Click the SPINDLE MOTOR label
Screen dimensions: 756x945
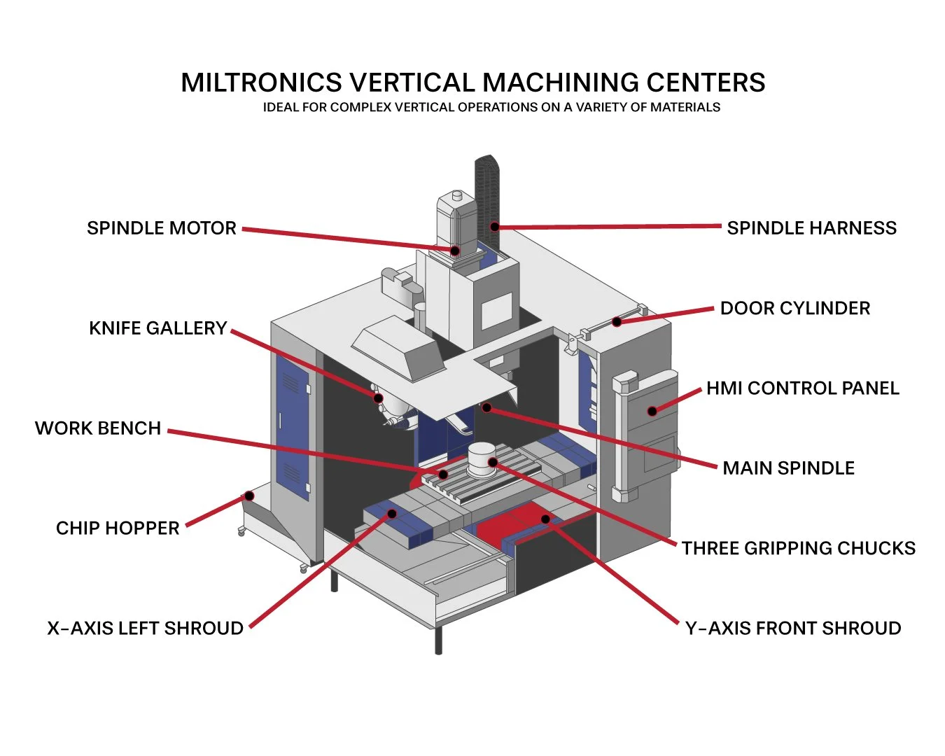tap(161, 228)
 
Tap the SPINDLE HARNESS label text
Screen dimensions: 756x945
tap(811, 228)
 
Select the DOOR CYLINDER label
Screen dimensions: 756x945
tap(794, 308)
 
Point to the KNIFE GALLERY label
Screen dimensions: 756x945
tap(157, 328)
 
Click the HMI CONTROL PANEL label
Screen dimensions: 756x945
tap(802, 388)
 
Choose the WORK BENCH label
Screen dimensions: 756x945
tap(98, 428)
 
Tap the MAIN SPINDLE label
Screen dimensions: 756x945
tap(788, 468)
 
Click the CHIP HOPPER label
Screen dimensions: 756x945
tap(118, 528)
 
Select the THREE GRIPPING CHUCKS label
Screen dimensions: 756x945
tap(798, 548)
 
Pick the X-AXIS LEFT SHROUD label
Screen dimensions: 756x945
tap(145, 628)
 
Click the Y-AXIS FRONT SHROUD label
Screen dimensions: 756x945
tap(793, 628)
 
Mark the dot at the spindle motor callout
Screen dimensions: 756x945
tap(454, 251)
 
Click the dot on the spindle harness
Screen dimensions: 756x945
tap(494, 227)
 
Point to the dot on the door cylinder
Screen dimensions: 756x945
tap(617, 322)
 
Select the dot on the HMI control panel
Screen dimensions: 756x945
tap(652, 411)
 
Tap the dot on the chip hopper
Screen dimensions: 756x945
tap(248, 496)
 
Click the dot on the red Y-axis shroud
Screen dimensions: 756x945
tap(545, 519)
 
